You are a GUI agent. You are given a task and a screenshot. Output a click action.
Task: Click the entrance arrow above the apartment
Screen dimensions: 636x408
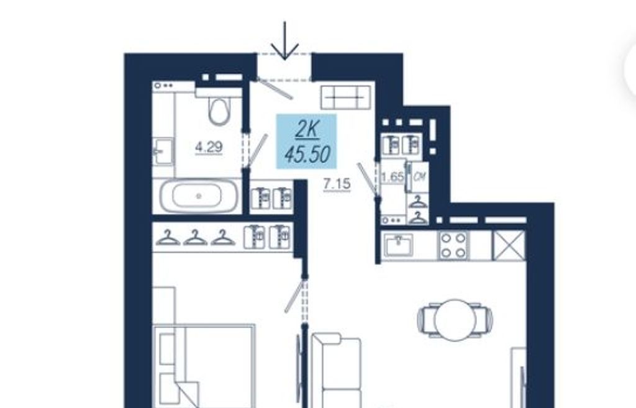pos(284,40)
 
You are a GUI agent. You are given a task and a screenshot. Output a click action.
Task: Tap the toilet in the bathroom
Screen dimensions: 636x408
pos(219,108)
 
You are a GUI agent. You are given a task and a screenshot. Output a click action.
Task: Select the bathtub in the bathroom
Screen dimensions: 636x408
pos(198,196)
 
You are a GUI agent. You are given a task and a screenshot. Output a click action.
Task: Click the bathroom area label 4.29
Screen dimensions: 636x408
pos(209,147)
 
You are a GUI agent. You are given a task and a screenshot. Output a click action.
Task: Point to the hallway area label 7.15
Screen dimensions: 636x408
pos(337,184)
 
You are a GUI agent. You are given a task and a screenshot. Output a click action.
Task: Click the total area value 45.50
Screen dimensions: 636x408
pos(308,154)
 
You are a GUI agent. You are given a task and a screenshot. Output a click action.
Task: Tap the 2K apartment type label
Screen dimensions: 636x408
pos(307,129)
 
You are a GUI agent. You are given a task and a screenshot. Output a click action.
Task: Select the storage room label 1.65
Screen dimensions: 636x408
pos(393,177)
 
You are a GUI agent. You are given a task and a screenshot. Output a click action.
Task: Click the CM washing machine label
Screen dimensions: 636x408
pos(420,176)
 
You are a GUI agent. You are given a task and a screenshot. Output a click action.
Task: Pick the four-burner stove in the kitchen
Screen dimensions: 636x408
pos(453,245)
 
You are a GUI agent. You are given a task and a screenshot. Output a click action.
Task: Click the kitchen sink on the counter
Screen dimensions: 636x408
pos(399,245)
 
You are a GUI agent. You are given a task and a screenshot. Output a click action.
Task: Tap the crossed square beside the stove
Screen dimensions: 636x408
pos(509,245)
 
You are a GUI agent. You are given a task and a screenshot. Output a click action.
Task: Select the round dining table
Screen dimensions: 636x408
pos(455,320)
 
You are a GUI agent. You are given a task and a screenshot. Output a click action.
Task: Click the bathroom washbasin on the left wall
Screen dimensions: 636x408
pos(163,152)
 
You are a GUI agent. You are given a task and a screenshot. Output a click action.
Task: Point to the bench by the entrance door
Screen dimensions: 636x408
pos(346,97)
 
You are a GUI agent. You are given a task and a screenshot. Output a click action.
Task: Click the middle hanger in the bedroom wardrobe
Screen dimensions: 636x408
pos(195,238)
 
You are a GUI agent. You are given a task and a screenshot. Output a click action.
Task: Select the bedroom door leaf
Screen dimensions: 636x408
pos(294,296)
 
